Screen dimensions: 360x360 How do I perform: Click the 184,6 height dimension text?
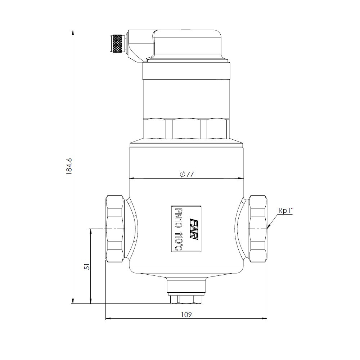click(69, 166)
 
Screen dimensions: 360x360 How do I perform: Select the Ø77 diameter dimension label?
click(187, 174)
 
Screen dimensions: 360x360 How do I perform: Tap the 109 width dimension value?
click(186, 314)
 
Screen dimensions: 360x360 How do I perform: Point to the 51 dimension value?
click(87, 266)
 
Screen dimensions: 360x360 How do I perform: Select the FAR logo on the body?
click(194, 229)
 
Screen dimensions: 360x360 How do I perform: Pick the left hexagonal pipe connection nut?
click(115, 229)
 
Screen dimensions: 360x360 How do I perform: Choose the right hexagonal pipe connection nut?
click(258, 229)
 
